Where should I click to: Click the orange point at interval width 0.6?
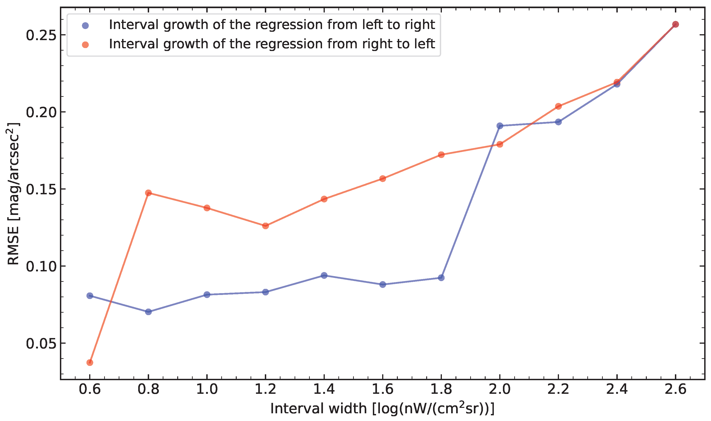pos(90,363)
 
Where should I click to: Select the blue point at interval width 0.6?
pos(90,296)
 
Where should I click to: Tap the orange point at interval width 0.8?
pos(148,193)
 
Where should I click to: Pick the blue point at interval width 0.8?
pos(148,312)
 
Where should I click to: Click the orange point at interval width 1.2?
pos(266,226)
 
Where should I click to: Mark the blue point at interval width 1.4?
pos(324,275)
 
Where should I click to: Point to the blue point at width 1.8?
pos(441,277)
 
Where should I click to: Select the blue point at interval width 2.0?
pos(500,126)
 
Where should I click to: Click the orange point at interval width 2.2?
pos(558,106)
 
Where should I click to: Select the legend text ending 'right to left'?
pos(272,44)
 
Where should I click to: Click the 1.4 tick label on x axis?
pos(324,389)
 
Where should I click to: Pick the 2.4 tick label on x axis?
pos(617,389)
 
